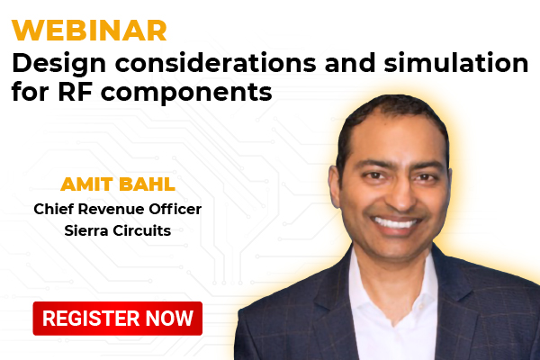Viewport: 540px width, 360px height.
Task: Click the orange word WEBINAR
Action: click(x=89, y=31)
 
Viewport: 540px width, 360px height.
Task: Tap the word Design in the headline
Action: click(x=58, y=64)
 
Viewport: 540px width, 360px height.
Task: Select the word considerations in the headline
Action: click(x=216, y=63)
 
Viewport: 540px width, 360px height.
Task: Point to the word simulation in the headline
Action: click(x=456, y=63)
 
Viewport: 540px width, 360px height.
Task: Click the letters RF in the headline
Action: click(x=75, y=92)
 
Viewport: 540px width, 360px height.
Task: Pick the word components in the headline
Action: click(x=186, y=94)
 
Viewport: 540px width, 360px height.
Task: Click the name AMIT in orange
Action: click(x=87, y=184)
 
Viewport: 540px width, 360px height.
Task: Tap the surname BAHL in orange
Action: click(x=147, y=184)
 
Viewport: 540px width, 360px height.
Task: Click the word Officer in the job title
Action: click(x=175, y=209)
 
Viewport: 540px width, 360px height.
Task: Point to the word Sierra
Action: click(x=86, y=230)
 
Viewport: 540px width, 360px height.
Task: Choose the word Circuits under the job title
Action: click(x=142, y=230)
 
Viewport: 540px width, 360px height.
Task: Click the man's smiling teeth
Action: click(x=395, y=223)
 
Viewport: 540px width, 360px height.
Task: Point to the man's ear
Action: click(x=334, y=186)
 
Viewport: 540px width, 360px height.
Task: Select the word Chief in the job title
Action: click(x=53, y=209)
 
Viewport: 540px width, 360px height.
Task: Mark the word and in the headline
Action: click(x=350, y=63)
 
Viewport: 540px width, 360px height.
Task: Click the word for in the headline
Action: click(x=30, y=92)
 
